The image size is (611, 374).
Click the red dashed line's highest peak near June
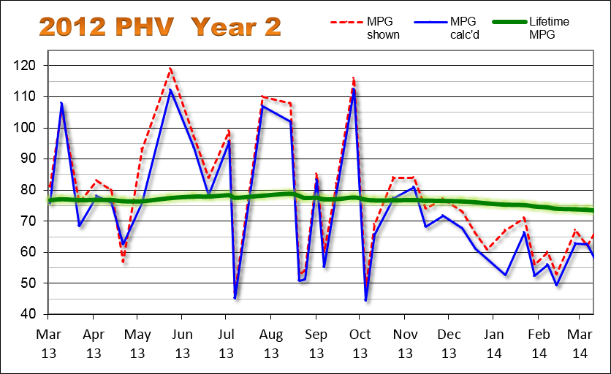[170, 69]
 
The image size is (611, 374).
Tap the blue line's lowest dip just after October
[365, 299]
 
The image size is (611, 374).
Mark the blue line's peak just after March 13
[61, 103]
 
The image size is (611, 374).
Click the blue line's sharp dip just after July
[235, 297]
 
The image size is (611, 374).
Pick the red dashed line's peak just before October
[354, 77]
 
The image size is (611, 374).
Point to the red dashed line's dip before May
[123, 262]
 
